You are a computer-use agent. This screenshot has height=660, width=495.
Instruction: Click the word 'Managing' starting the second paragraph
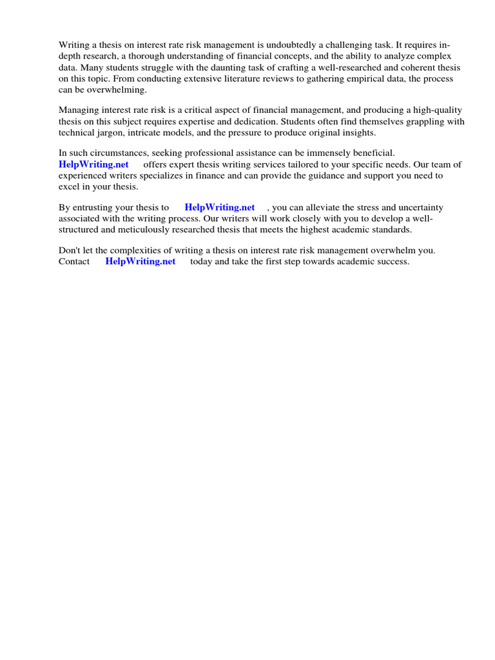78,110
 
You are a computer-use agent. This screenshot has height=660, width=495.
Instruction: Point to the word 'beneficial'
370,153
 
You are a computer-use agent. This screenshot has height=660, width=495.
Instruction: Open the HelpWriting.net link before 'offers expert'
93,164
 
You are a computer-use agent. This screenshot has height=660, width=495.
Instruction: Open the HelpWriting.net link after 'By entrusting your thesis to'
220,207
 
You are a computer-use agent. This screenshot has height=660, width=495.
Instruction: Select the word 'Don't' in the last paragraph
70,250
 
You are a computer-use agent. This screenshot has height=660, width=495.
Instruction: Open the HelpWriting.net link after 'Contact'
141,261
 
